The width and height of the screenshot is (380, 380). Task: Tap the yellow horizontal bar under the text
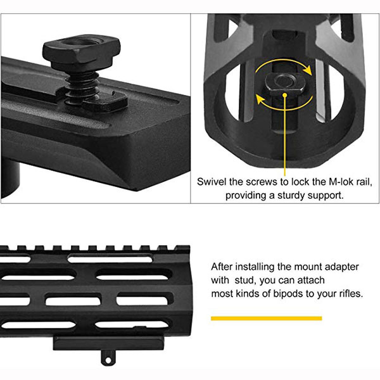click(267, 318)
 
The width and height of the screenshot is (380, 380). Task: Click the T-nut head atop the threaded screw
click(82, 49)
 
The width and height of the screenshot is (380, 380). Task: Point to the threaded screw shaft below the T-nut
click(82, 85)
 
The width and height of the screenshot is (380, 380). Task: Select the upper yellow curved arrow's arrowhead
click(308, 71)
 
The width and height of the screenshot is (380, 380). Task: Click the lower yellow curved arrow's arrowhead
click(260, 99)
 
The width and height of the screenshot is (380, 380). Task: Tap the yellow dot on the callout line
click(285, 96)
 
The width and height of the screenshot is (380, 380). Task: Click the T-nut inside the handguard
click(285, 84)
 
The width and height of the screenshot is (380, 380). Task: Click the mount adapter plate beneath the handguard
click(108, 343)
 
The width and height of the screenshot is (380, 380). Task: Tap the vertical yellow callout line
click(285, 136)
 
